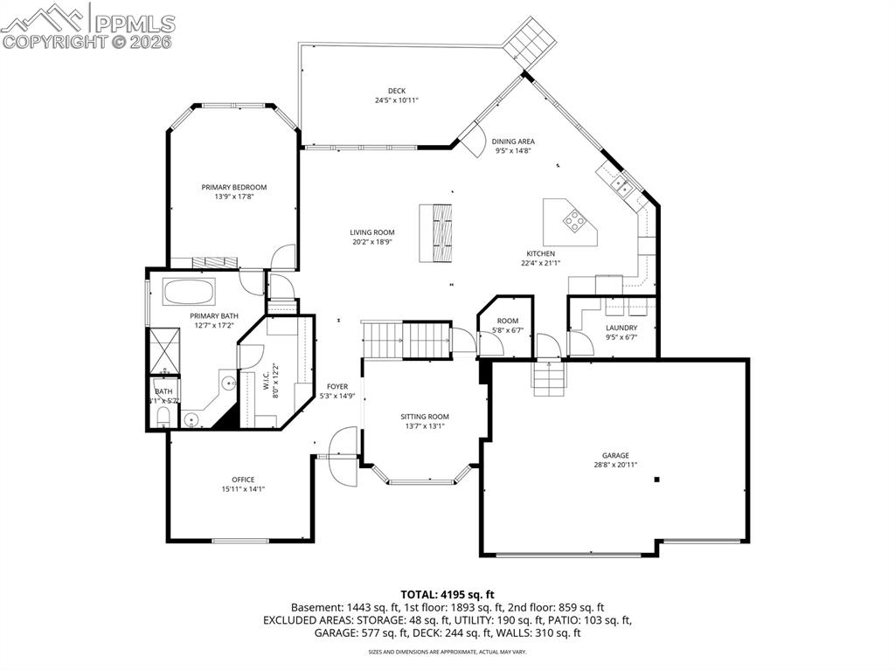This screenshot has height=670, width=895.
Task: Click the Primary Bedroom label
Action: pos(233,187)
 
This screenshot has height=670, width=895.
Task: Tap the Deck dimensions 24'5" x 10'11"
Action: pos(391,100)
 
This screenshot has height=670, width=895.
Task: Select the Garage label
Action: pos(614,455)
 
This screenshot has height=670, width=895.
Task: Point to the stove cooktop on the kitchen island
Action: pos(575,221)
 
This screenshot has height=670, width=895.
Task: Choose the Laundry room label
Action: pos(621,328)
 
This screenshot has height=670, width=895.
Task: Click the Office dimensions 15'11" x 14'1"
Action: pos(243,489)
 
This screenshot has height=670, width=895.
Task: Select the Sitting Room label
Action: pos(425,417)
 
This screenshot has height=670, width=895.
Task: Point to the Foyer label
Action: pos(337,386)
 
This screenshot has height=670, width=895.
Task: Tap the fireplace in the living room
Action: pos(437,231)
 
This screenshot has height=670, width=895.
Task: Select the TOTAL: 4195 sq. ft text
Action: pos(447,594)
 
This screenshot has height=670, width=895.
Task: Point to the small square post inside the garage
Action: pos(658,479)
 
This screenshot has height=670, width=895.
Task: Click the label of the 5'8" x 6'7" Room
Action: pos(508,321)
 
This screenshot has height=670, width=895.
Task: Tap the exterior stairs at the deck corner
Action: pos(531,41)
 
